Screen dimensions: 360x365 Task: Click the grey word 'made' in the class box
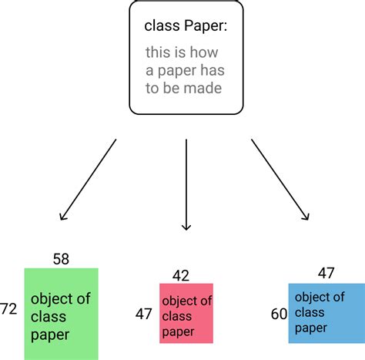tap(203, 88)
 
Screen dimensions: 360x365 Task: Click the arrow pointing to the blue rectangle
tap(280, 180)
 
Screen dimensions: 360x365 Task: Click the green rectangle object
tap(62, 312)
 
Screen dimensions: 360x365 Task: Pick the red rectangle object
tap(186, 312)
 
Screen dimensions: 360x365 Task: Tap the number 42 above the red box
tap(181, 275)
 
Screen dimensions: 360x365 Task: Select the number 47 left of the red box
tap(143, 315)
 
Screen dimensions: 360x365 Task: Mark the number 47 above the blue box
tap(326, 273)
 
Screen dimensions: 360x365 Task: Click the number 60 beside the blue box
tap(279, 315)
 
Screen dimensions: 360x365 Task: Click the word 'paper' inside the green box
tap(50, 335)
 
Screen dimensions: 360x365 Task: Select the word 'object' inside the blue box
tap(312, 298)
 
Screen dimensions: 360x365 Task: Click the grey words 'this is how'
tap(182, 53)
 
